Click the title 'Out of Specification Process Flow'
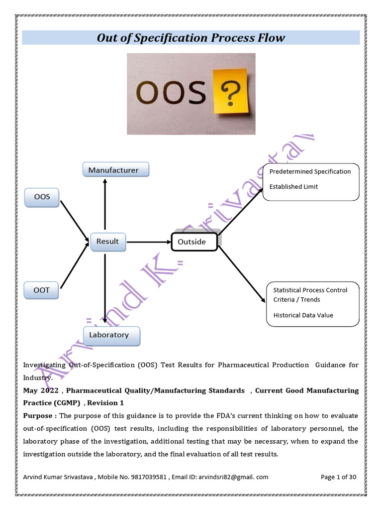tap(191, 38)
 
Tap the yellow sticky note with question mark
tap(230, 91)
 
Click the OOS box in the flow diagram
tap(42, 197)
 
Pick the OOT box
tap(42, 290)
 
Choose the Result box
tap(107, 242)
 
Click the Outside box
tap(194, 242)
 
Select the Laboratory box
tap(111, 335)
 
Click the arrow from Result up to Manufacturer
tap(105, 204)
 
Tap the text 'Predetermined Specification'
tap(310, 171)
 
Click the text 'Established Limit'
tap(293, 187)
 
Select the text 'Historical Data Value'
tap(303, 315)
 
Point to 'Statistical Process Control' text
tap(310, 290)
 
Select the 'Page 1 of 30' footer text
tap(339, 477)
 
